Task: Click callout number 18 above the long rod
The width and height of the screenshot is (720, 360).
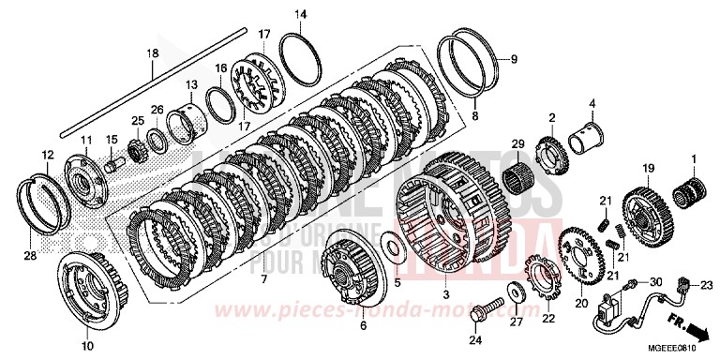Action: click(x=152, y=54)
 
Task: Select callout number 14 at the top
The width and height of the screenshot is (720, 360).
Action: click(x=300, y=14)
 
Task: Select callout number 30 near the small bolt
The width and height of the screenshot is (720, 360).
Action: click(x=656, y=280)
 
